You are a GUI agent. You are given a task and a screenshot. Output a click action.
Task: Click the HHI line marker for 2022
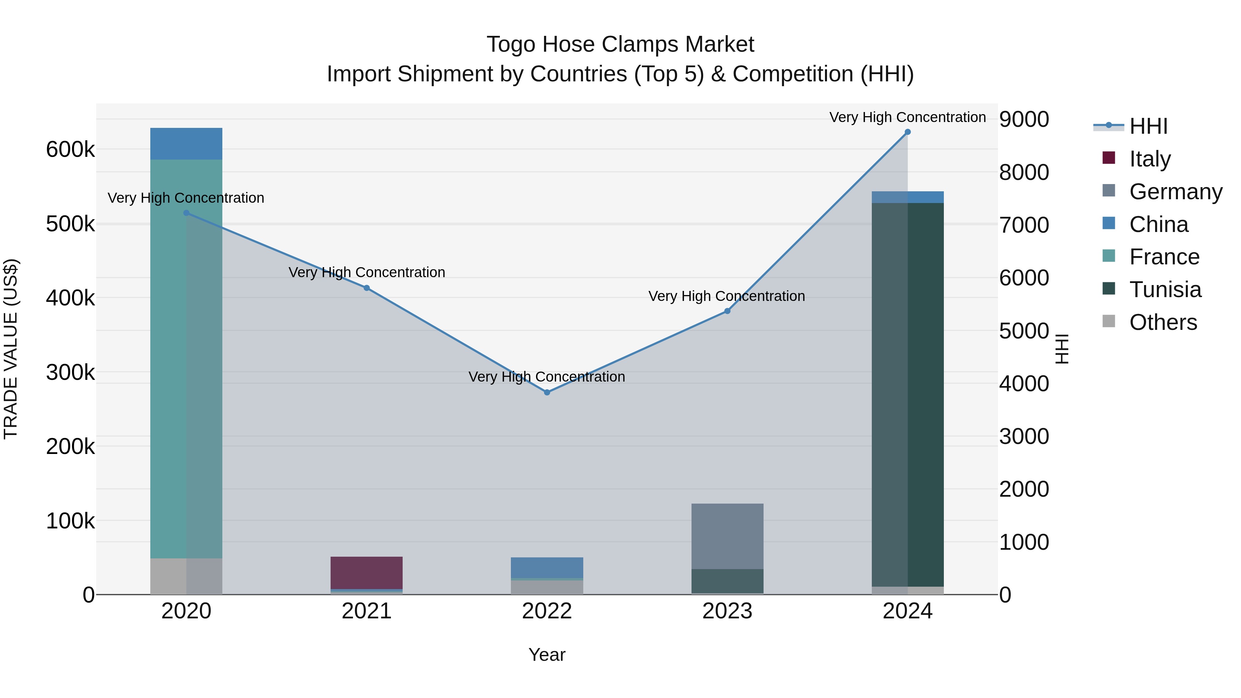[547, 393]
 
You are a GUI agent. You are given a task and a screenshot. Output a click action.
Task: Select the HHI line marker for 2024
[908, 132]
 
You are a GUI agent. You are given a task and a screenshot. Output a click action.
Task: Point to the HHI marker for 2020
[186, 213]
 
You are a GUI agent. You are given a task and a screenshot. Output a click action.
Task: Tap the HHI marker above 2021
[367, 288]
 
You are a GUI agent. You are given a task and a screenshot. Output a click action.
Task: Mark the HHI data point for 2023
[727, 311]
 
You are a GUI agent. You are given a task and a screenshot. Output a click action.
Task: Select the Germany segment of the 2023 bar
[727, 536]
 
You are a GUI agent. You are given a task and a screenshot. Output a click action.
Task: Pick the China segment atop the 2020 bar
[186, 143]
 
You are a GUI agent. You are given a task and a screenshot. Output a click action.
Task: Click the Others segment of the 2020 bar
[186, 576]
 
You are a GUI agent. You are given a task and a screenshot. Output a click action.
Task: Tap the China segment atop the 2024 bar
[908, 197]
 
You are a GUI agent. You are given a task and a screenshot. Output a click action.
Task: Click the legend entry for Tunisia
[1165, 290]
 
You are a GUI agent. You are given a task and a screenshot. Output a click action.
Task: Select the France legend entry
[1164, 257]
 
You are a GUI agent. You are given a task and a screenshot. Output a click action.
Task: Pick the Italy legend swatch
[1109, 158]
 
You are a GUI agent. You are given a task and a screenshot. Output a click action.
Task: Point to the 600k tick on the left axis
[70, 149]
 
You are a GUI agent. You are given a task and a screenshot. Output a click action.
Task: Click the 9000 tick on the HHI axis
[1024, 120]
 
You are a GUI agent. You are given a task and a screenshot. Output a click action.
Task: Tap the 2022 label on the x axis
[547, 611]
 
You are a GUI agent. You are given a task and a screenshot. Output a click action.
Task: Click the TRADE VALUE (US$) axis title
[11, 349]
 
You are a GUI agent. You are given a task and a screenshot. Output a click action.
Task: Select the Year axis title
[547, 655]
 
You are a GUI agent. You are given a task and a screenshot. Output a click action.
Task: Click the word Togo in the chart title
[511, 44]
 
